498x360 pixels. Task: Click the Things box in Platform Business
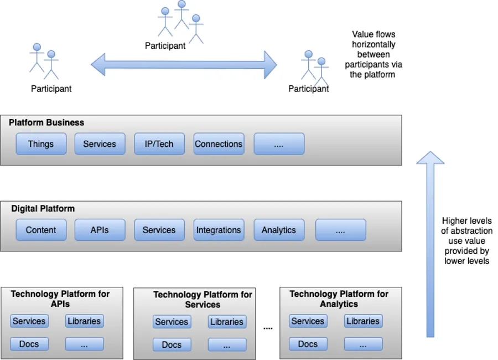click(x=41, y=144)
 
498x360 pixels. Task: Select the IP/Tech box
click(x=159, y=144)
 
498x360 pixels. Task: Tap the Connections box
click(x=219, y=144)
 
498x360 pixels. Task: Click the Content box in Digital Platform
click(x=41, y=230)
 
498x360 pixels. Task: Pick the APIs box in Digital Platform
click(x=100, y=230)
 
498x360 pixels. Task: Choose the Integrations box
click(x=219, y=230)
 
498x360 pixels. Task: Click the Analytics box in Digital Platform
click(x=279, y=230)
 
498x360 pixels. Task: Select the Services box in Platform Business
click(x=100, y=144)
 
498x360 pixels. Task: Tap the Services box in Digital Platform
click(x=159, y=230)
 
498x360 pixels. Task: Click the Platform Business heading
click(x=46, y=122)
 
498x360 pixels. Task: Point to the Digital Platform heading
click(x=43, y=208)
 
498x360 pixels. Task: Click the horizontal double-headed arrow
click(x=184, y=65)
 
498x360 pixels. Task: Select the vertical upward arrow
click(x=430, y=244)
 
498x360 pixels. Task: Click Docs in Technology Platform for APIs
click(x=29, y=344)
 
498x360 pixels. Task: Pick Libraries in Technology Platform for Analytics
click(x=363, y=321)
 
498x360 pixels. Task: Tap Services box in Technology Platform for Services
click(x=172, y=322)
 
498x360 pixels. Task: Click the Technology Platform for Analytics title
click(x=339, y=299)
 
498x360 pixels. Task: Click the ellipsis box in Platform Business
click(x=279, y=144)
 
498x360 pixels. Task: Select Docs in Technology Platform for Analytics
click(x=308, y=344)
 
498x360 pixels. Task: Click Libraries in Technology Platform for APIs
click(x=84, y=321)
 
